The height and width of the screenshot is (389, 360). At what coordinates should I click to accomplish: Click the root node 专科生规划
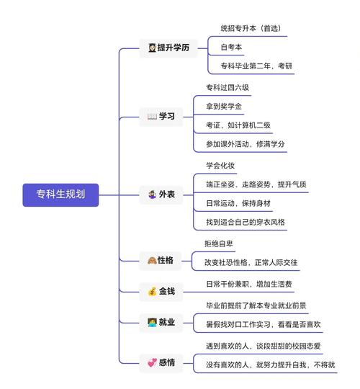[x=60, y=193]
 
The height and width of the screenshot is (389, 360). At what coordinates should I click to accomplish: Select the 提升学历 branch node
[x=168, y=48]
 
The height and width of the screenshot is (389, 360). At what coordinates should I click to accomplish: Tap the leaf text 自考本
[x=231, y=48]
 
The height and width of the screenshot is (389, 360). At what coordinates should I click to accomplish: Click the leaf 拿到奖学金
[x=224, y=107]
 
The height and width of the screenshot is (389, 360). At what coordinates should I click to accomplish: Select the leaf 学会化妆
[x=220, y=166]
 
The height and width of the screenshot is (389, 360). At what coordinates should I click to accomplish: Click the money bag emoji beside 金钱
[x=152, y=292]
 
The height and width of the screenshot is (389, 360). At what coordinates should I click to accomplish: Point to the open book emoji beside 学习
[x=152, y=116]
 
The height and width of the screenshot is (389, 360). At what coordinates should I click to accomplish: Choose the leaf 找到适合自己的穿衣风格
[x=245, y=222]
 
